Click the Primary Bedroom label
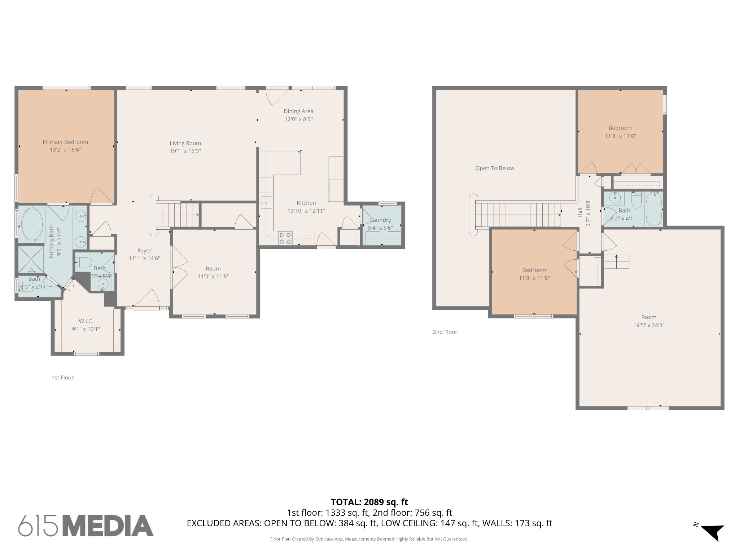[x=65, y=142]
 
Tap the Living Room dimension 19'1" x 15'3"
[x=185, y=151]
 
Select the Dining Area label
[x=298, y=111]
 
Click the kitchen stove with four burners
[x=285, y=238]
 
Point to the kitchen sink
[x=266, y=203]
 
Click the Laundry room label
[x=380, y=220]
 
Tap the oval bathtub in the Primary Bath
[x=32, y=224]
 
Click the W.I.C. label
[x=86, y=321]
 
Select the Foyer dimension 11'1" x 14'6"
[x=144, y=258]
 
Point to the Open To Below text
[x=495, y=168]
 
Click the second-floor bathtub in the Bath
[x=653, y=209]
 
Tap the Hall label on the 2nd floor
[x=580, y=212]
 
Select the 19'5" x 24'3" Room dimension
[x=648, y=325]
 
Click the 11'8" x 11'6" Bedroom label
[x=620, y=128]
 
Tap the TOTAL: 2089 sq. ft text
[x=369, y=502]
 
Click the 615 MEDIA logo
[x=86, y=525]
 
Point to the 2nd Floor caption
[x=445, y=332]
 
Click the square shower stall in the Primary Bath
[x=31, y=259]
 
